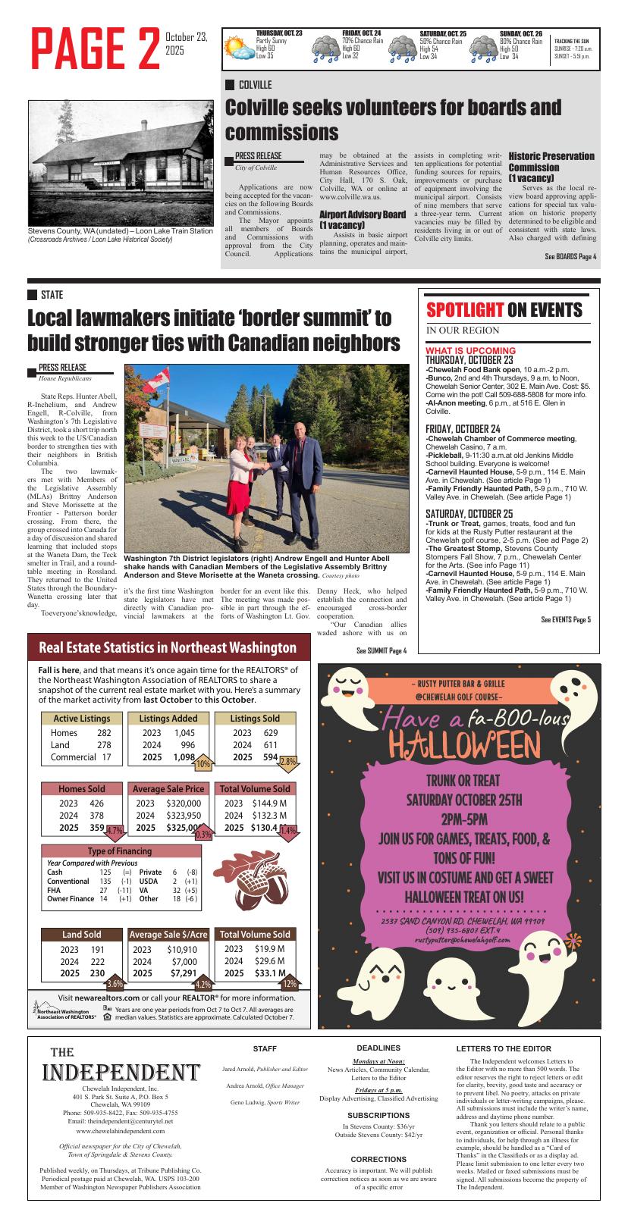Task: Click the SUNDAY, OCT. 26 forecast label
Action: (x=520, y=34)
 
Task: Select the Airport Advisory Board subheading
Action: (x=363, y=220)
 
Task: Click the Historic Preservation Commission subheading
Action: (x=551, y=166)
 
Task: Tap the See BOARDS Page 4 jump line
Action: (x=570, y=257)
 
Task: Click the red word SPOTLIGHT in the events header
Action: (x=464, y=310)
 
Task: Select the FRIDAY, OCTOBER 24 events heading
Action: (x=463, y=429)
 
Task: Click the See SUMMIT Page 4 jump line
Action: (x=381, y=650)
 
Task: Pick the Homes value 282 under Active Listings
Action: (x=104, y=733)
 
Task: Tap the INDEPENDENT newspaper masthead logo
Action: (x=121, y=1072)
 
